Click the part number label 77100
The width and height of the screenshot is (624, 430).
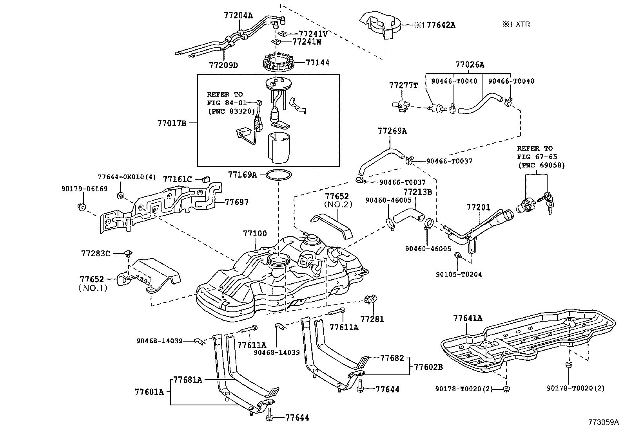pos(255,234)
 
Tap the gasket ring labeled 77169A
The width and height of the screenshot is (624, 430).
pos(279,175)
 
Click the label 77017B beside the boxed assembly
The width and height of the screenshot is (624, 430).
pos(172,123)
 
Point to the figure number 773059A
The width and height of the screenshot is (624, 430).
pos(603,422)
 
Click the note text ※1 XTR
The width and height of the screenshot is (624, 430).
pos(516,24)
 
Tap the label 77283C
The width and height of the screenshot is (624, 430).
pos(96,254)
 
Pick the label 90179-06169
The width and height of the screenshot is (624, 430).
pos(84,189)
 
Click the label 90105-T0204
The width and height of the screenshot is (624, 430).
pos(459,274)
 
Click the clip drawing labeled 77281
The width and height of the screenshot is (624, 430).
pos(370,300)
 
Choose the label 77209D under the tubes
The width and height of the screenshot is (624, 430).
pos(223,65)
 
